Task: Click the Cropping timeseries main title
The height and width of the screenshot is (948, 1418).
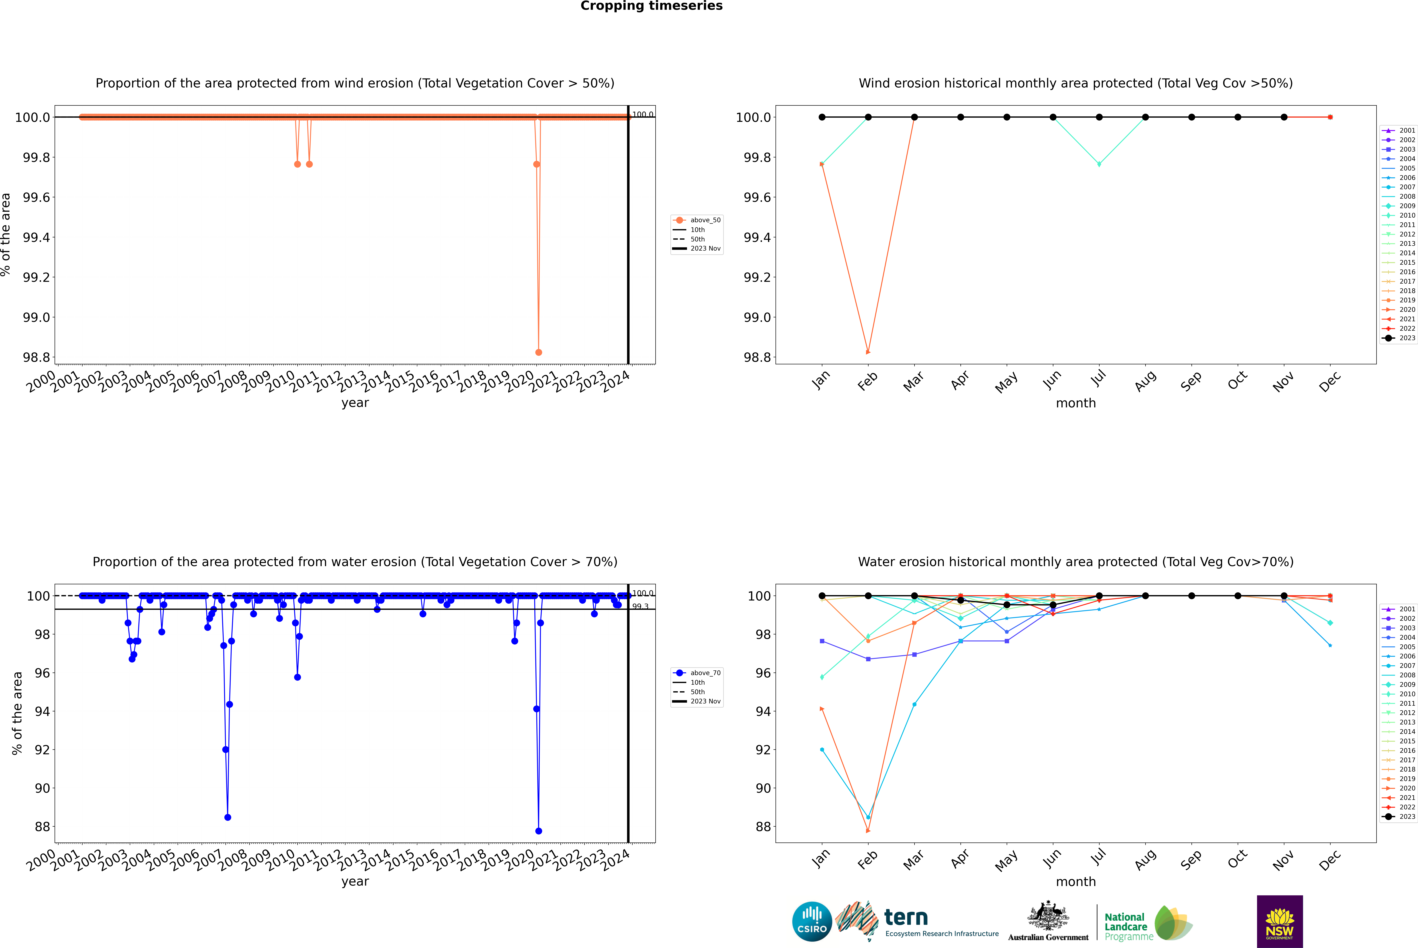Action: [651, 6]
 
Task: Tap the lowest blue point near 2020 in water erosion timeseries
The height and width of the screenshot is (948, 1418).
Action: [539, 831]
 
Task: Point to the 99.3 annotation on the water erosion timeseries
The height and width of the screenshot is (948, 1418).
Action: [640, 606]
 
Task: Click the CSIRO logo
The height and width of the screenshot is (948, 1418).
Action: [812, 921]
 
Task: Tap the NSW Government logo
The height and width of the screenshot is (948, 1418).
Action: [1280, 921]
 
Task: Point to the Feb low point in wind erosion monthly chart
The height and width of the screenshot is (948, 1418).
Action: [868, 352]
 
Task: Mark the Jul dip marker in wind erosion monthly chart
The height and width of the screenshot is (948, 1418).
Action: [1099, 164]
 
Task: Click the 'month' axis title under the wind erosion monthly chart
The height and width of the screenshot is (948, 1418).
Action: [1075, 403]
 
